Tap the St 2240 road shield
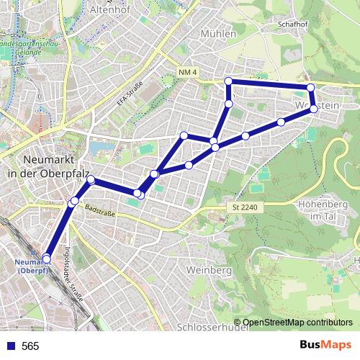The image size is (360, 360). (x=244, y=207)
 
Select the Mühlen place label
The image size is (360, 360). (x=220, y=34)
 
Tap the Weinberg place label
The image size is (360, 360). (x=207, y=270)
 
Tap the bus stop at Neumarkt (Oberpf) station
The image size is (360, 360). (x=47, y=258)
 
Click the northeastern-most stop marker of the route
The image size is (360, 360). (x=311, y=88)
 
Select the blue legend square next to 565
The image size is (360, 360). (x=10, y=346)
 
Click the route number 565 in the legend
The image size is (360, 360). (x=30, y=346)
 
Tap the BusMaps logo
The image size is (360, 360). (x=323, y=346)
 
